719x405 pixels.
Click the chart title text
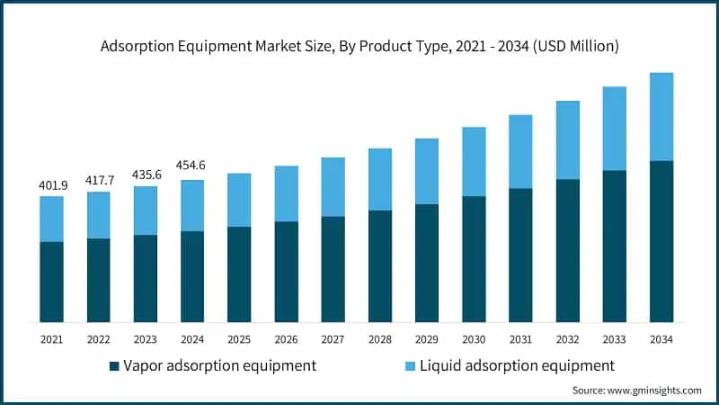pyautogui.click(x=359, y=45)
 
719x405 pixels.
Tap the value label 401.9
pyautogui.click(x=51, y=184)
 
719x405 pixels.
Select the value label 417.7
pyautogui.click(x=98, y=180)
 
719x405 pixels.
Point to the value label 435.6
pyautogui.click(x=145, y=175)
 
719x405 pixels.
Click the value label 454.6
pyautogui.click(x=192, y=168)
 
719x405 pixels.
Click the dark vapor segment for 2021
pyautogui.click(x=51, y=282)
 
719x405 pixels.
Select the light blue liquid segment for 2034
pyautogui.click(x=661, y=117)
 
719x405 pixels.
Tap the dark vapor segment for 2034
pyautogui.click(x=661, y=241)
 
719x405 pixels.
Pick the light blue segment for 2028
pyautogui.click(x=380, y=179)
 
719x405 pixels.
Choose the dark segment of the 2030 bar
pyautogui.click(x=474, y=259)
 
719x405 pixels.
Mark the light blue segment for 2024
pyautogui.click(x=192, y=205)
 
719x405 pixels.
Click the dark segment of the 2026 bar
pyautogui.click(x=286, y=272)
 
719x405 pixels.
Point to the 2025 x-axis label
pyautogui.click(x=239, y=339)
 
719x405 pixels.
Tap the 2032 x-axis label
pyautogui.click(x=567, y=339)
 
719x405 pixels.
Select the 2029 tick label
pyautogui.click(x=427, y=339)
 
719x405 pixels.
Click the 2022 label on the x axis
pyautogui.click(x=98, y=339)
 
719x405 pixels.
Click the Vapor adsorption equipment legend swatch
pyautogui.click(x=114, y=366)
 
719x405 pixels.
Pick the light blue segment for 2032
pyautogui.click(x=567, y=139)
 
